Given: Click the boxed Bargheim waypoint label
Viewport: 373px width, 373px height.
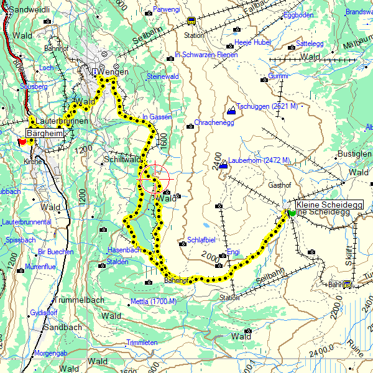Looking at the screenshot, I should coord(45,133).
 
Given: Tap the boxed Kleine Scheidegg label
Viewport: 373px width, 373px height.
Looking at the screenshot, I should coord(320,205).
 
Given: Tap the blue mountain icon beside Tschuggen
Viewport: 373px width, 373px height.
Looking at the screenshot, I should coord(231,111).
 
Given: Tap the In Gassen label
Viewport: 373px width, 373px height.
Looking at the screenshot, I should coord(157,117).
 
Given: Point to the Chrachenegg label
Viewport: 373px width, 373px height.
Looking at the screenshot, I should coord(214,123).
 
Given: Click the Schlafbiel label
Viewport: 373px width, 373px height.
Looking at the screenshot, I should coord(201,240).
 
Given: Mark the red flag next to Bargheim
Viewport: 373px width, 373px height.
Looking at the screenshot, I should coord(23,141).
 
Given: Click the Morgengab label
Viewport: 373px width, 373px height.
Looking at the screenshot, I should coord(50,352).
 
